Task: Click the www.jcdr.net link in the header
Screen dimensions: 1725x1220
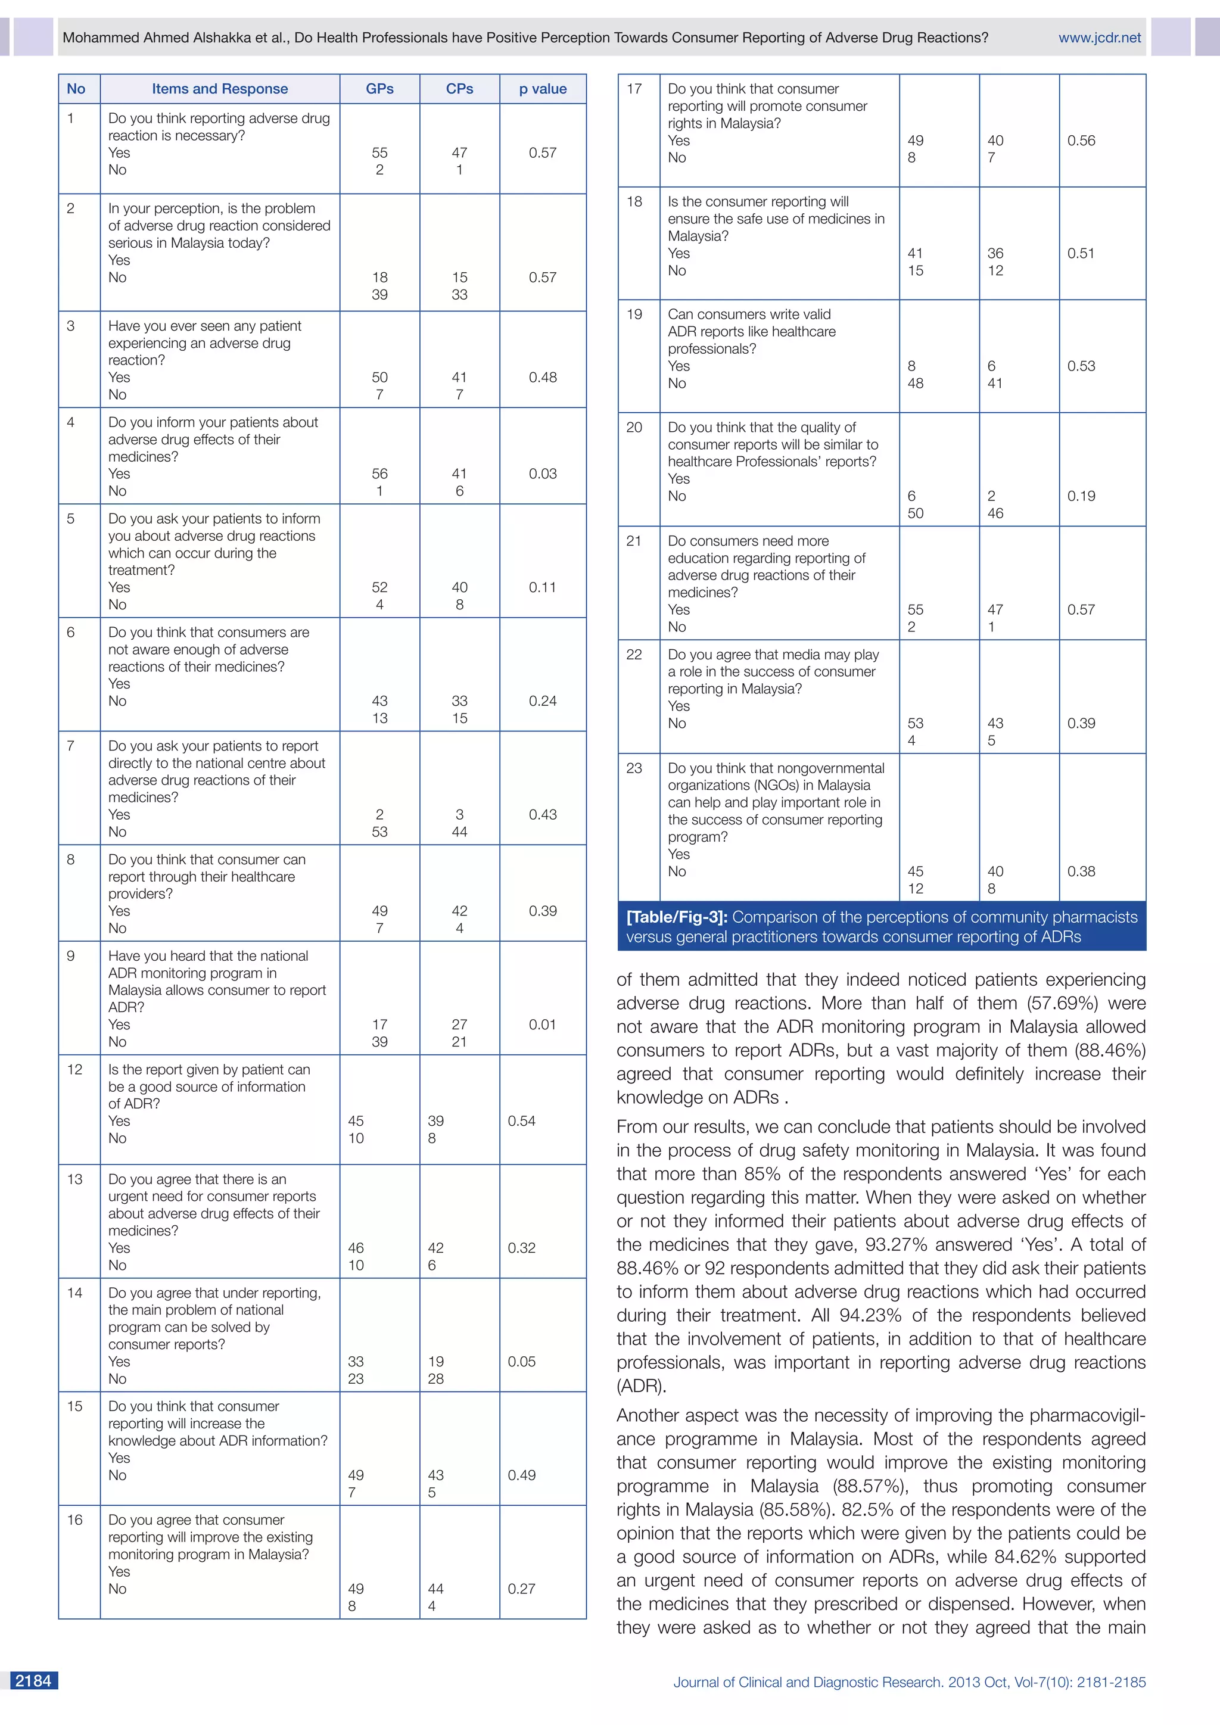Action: pyautogui.click(x=1099, y=38)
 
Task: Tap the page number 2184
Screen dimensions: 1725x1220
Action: pyautogui.click(x=34, y=1681)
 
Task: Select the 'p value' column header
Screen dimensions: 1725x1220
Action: pyautogui.click(x=543, y=89)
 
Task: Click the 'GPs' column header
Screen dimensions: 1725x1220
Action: pyautogui.click(x=379, y=89)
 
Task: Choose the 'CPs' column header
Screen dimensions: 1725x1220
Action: pyautogui.click(x=459, y=89)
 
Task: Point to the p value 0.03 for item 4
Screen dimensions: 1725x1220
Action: pyautogui.click(x=543, y=474)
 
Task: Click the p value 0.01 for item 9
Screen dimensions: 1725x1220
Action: pyautogui.click(x=543, y=1024)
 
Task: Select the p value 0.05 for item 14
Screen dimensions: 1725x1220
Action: pyautogui.click(x=521, y=1362)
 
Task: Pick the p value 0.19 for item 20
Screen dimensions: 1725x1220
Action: pyautogui.click(x=1081, y=496)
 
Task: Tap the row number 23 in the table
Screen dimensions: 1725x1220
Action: pyautogui.click(x=634, y=768)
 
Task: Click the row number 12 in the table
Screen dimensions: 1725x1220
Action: pyautogui.click(x=74, y=1069)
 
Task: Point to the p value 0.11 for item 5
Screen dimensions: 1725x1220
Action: pyautogui.click(x=543, y=587)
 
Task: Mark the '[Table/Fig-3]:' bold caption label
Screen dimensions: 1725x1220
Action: pyautogui.click(x=677, y=917)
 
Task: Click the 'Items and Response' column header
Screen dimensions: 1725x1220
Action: pyautogui.click(x=219, y=89)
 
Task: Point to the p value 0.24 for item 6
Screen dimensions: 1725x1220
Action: pyautogui.click(x=543, y=700)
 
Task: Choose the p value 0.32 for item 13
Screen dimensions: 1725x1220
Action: pyautogui.click(x=521, y=1248)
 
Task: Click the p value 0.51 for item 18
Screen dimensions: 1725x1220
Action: pyautogui.click(x=1081, y=253)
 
